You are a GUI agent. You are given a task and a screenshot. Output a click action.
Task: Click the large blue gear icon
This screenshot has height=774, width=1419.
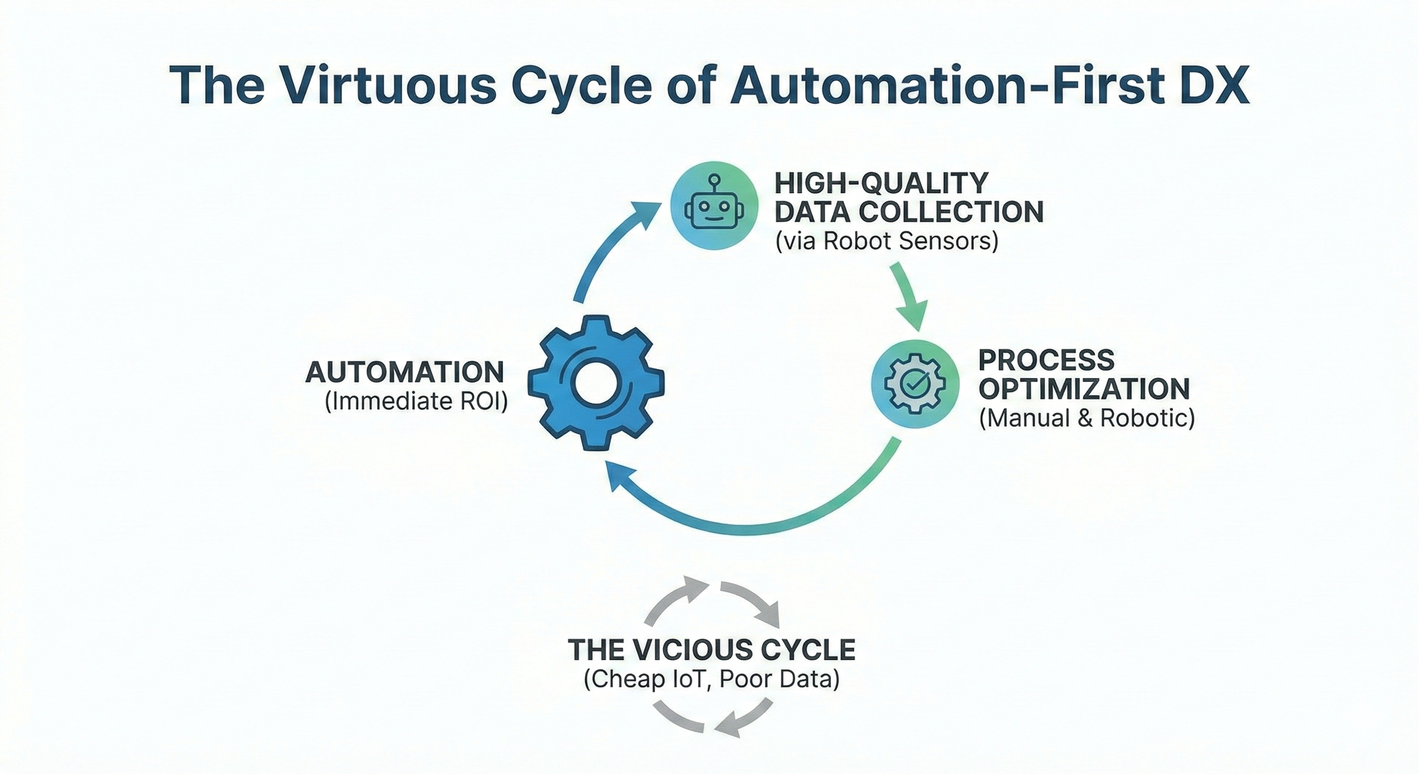coord(596,382)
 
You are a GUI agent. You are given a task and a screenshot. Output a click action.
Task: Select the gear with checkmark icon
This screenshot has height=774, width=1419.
coord(915,383)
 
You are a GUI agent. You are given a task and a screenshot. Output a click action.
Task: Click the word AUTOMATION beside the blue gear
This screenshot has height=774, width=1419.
coord(405,372)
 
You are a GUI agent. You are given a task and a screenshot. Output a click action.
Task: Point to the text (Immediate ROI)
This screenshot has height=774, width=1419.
coord(416,402)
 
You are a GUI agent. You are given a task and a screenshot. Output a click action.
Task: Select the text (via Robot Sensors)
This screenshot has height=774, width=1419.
coord(886,241)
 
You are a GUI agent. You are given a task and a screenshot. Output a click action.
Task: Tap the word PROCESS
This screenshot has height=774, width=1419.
coord(1046,360)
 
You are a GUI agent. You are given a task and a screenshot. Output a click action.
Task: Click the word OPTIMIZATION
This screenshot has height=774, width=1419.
coord(1084,389)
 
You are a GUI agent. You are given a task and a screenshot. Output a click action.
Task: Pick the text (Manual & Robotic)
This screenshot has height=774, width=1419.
coord(1087,418)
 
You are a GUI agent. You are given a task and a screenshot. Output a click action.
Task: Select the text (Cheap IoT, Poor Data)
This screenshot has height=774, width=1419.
coord(711,679)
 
